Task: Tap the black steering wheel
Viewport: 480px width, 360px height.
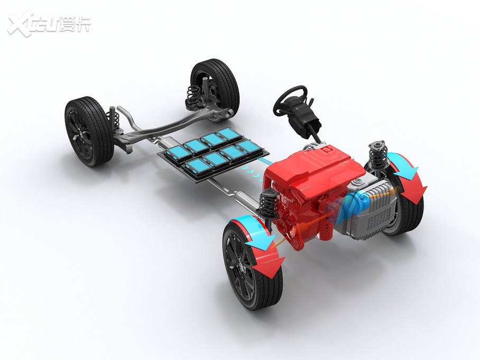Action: (x=290, y=100)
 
